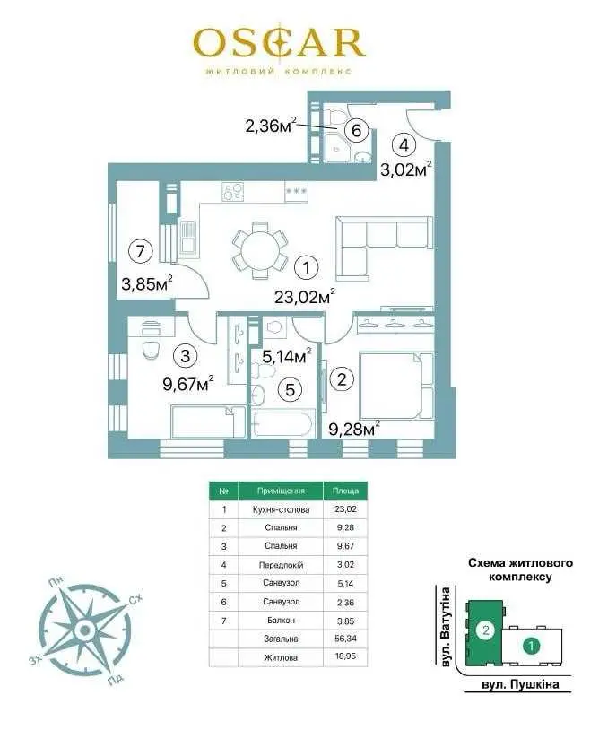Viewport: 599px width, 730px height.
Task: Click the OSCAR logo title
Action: pos(279,43)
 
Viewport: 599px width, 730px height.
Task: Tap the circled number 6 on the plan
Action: pos(357,130)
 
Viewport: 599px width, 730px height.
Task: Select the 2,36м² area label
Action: pos(271,126)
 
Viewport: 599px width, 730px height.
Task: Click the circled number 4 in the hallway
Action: pos(404,144)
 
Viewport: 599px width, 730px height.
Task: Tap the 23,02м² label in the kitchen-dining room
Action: pos(305,296)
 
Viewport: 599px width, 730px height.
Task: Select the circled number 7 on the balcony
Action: pos(140,251)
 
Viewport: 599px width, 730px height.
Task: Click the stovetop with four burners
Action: pos(233,191)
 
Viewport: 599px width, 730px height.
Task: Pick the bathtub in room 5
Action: pos(282,424)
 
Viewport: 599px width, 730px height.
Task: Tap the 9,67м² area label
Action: pos(188,385)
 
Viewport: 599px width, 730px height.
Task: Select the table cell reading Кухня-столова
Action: pos(281,509)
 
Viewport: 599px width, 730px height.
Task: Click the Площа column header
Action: pos(345,491)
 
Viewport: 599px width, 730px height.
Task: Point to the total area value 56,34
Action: pos(345,639)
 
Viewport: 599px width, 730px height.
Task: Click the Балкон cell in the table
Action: pos(281,620)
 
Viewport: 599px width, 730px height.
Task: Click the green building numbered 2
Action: pos(485,630)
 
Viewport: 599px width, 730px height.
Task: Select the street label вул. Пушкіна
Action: pos(520,684)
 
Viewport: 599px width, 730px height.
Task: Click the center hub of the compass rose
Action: pos(84,630)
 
